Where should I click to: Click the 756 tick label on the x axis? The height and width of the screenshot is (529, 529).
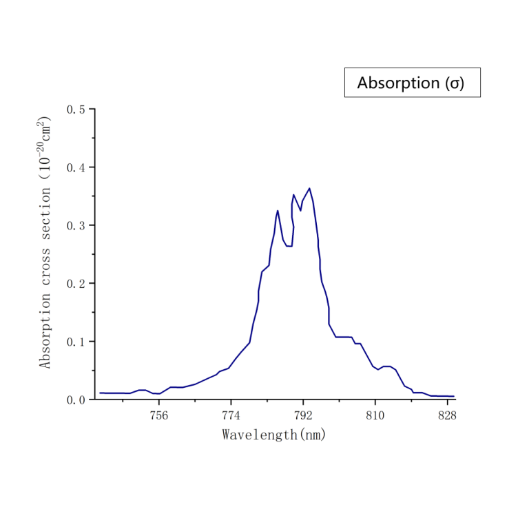point(159,415)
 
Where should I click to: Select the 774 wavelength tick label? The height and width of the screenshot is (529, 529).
point(231,415)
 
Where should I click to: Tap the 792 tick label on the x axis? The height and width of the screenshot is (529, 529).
point(303,415)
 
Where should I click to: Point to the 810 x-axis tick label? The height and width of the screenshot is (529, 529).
point(375,415)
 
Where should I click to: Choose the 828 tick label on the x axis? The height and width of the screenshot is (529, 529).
point(447,415)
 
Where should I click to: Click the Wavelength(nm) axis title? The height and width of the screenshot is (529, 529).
point(273,435)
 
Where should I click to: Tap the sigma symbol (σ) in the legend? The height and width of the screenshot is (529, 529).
point(455,84)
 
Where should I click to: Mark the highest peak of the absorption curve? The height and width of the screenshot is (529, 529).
point(309,188)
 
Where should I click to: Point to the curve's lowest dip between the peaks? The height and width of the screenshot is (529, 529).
point(289,246)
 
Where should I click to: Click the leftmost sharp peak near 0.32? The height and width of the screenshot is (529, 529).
point(278,211)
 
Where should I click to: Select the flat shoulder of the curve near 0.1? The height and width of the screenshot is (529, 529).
point(343,337)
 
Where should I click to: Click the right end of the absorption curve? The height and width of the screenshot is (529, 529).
point(454,396)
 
